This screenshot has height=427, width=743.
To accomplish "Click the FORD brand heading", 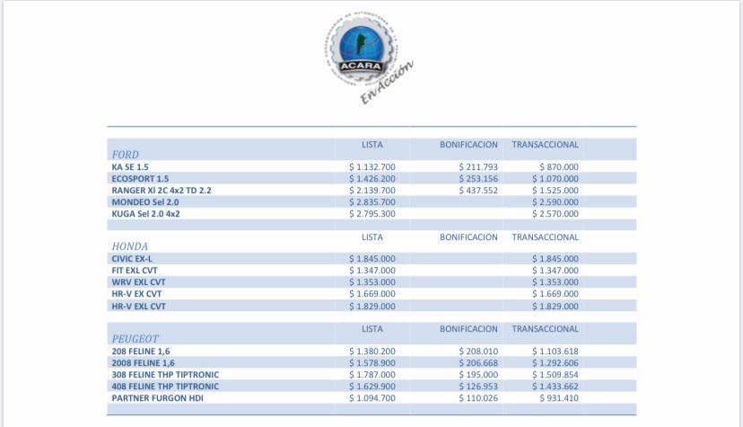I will click(125, 155).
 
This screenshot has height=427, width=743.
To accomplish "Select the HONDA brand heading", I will click(129, 246).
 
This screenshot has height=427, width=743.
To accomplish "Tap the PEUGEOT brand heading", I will click(135, 339).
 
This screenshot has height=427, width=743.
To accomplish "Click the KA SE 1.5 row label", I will click(130, 167).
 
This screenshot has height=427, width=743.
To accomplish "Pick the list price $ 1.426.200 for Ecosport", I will click(371, 179).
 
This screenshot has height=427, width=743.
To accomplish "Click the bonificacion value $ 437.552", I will click(478, 191).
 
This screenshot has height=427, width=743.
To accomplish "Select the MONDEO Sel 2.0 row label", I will click(144, 202).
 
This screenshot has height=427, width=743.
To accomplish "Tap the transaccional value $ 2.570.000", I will click(555, 214).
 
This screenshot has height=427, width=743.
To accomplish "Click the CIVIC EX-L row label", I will click(132, 259).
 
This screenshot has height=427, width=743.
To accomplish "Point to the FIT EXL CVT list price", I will click(371, 271).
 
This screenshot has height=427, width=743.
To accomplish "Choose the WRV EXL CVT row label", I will click(138, 282).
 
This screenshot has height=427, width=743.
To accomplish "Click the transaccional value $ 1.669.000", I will click(555, 294).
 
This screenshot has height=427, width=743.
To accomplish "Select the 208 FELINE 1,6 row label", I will click(143, 351).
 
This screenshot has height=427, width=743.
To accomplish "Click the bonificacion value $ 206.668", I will click(478, 363).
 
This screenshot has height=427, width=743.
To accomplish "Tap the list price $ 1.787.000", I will click(371, 375).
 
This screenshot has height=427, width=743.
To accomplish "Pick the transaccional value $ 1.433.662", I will click(555, 387).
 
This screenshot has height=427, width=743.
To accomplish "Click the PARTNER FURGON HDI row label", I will click(157, 398).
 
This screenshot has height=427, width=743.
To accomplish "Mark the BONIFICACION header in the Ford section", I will click(468, 145).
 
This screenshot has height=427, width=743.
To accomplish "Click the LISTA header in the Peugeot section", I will click(371, 329).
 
